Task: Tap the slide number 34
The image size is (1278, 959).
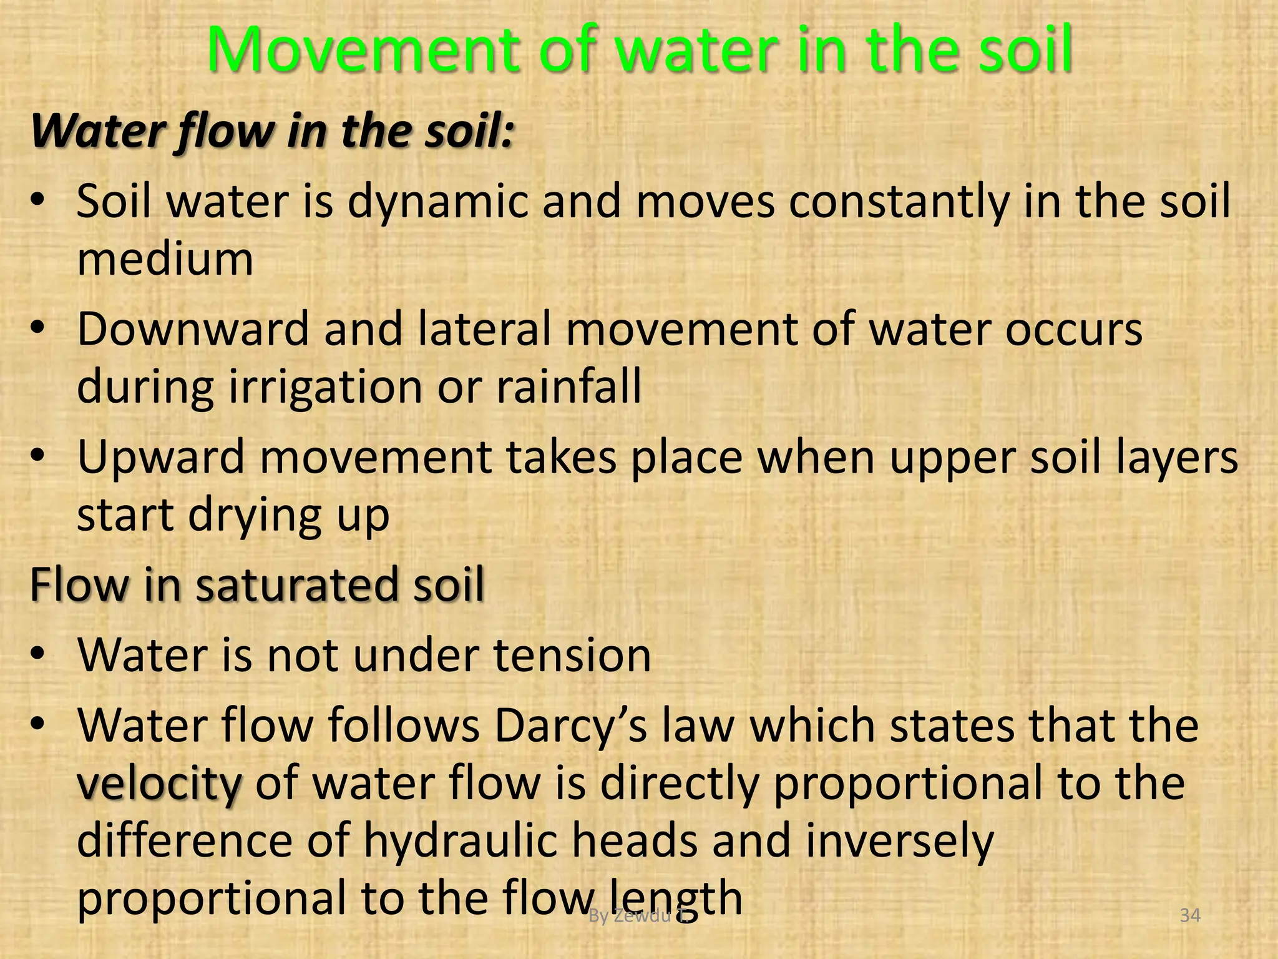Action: pos(1190,916)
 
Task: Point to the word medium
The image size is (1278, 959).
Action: pos(165,259)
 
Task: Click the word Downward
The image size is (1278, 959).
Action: pos(193,330)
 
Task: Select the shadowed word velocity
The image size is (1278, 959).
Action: pos(159,784)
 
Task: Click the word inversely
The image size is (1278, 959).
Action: pos(899,841)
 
